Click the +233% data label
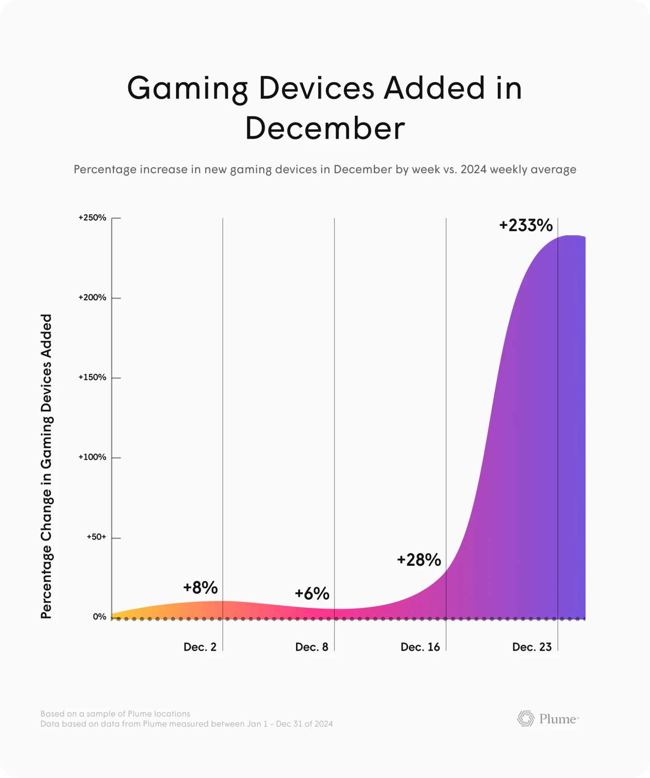[526, 225]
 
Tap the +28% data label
[419, 560]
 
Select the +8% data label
[200, 588]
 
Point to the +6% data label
[312, 593]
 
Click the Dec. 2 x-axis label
[200, 647]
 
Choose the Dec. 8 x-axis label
[311, 647]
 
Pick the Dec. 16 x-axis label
[420, 647]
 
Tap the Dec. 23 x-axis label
[532, 647]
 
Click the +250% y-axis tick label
[93, 218]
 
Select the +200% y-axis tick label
[93, 298]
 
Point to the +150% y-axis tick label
[93, 377]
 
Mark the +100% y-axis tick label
[93, 457]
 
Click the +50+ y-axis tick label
[97, 537]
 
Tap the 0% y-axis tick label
[99, 617]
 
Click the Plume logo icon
[525, 718]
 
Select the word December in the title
[325, 128]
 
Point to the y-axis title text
[46, 466]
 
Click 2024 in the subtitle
[474, 169]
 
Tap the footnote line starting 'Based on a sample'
[115, 714]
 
